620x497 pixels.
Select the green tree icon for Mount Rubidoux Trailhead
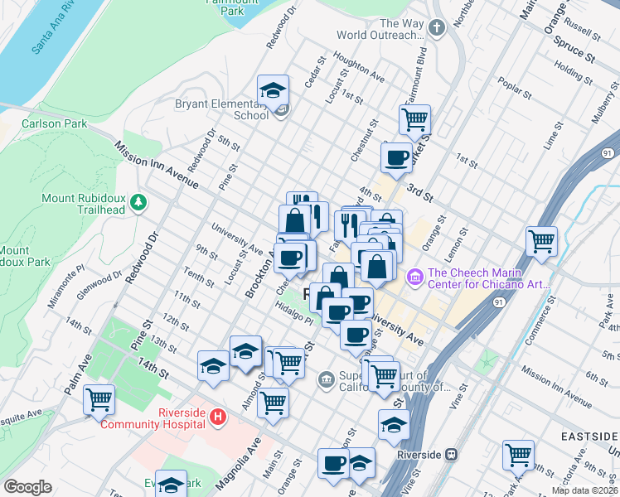tap(139, 201)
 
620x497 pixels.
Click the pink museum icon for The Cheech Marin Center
tap(415, 275)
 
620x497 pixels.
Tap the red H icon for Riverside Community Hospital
tap(217, 416)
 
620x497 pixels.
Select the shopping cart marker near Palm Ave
tap(99, 400)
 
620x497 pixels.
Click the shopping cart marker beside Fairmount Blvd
tap(414, 118)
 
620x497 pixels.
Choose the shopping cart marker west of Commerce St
tap(541, 241)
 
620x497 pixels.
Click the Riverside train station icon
tap(451, 454)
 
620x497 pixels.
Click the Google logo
tap(27, 487)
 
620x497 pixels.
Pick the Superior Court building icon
tap(326, 380)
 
